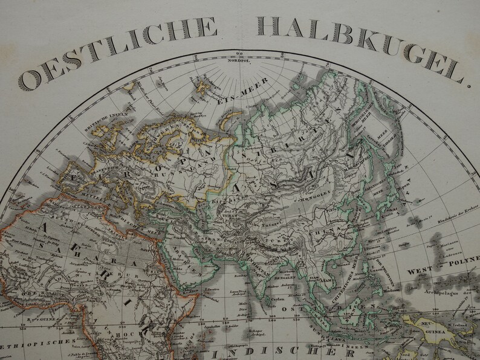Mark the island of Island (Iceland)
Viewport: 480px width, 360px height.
coord(129,86)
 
